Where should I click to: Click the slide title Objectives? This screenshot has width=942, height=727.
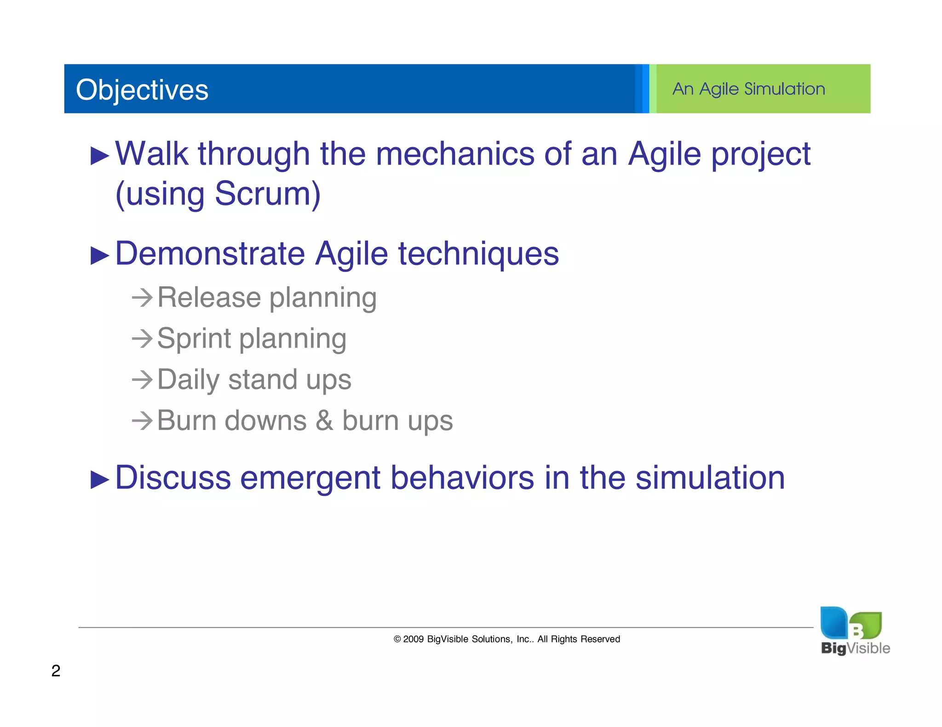(142, 90)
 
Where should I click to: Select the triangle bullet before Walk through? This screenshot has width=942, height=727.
(100, 156)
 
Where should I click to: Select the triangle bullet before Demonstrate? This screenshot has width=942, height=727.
(100, 256)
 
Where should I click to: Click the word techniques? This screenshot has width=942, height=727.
(478, 254)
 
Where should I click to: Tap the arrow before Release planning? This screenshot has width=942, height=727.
(142, 298)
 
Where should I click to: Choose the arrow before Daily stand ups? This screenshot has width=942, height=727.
(142, 380)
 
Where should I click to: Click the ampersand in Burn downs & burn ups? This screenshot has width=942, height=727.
(324, 421)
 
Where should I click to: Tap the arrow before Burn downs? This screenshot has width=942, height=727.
(142, 421)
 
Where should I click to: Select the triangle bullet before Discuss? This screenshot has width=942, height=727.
(100, 480)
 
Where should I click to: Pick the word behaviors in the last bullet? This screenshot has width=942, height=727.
(462, 477)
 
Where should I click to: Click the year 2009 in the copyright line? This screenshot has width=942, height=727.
(414, 639)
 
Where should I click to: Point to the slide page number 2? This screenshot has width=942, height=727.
(56, 671)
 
